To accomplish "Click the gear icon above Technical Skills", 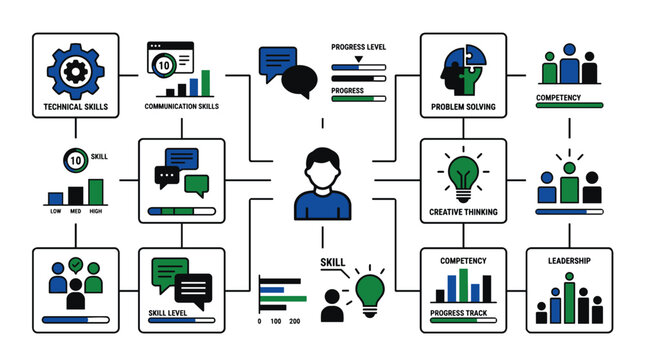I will click(x=75, y=69).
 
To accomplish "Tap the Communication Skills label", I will click(x=182, y=106).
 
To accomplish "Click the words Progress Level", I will click(x=358, y=46).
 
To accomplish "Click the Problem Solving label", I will click(x=462, y=106).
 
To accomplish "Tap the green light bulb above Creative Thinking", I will click(x=462, y=175).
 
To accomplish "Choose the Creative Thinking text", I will click(x=462, y=211).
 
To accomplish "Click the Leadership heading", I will click(x=569, y=261).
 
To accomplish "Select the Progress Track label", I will click(x=462, y=313).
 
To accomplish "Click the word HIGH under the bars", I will click(x=96, y=211).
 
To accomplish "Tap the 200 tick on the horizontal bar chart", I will click(x=294, y=321).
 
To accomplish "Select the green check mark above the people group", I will click(x=75, y=265).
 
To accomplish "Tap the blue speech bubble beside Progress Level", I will click(x=278, y=62).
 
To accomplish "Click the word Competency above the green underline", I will click(x=569, y=98).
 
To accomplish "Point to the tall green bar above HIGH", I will click(x=96, y=191).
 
